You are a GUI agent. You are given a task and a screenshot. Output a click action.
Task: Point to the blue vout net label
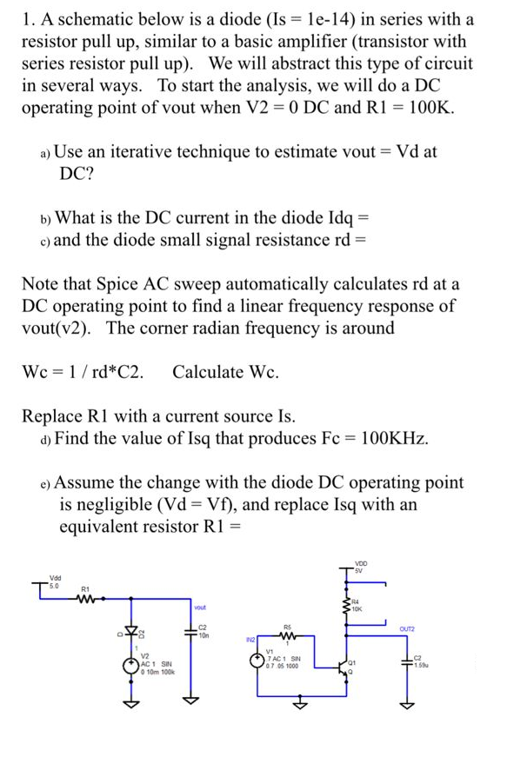click(x=200, y=606)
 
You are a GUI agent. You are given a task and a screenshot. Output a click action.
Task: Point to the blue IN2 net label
click(x=250, y=639)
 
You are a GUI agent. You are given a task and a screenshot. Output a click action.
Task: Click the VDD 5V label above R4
click(x=361, y=568)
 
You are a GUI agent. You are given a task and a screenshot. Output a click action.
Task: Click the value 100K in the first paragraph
click(x=429, y=109)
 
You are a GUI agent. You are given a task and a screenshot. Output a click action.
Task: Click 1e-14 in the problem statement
click(x=357, y=18)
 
